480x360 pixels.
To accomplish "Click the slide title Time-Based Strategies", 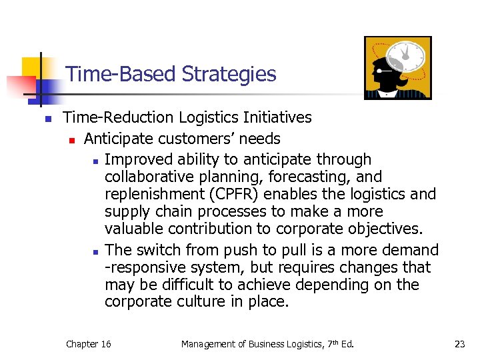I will point(171,74).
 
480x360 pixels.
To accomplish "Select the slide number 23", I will point(459,344).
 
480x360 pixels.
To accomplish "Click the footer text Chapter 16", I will point(88,344).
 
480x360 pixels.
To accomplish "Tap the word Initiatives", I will point(279,118).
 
